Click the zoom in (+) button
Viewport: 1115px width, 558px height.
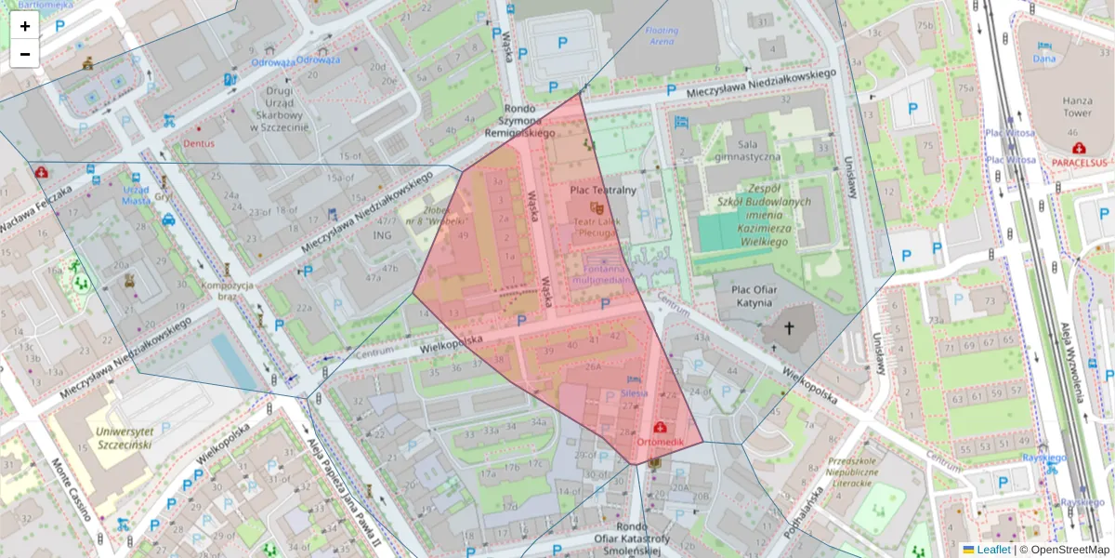click(x=25, y=26)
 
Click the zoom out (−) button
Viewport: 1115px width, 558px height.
click(x=25, y=54)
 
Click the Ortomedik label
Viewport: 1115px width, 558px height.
click(x=660, y=440)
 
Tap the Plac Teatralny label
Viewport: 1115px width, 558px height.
click(x=602, y=190)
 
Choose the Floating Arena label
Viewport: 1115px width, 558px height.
click(x=662, y=36)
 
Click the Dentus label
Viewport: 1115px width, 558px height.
click(x=199, y=144)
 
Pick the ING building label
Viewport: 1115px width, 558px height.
click(x=383, y=235)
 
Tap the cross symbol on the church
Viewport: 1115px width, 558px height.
click(x=790, y=327)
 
